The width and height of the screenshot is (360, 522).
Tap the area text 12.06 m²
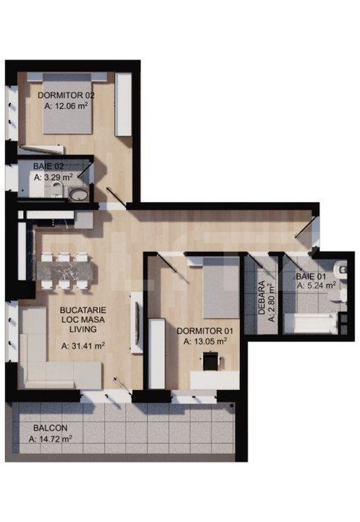click(71, 107)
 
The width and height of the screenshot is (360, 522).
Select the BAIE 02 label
click(48, 167)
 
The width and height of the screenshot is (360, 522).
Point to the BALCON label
click(51, 429)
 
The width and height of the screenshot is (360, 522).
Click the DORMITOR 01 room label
click(206, 330)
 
